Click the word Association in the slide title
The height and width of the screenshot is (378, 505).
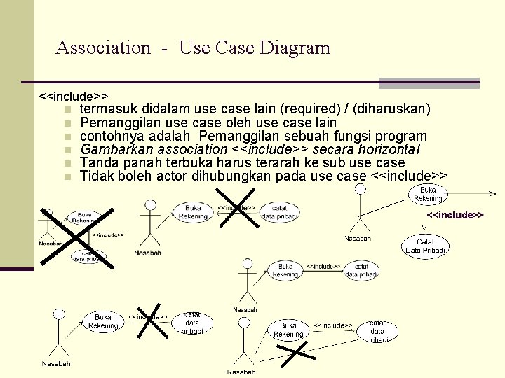tap(103, 48)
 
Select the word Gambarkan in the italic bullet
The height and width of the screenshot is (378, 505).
tap(117, 150)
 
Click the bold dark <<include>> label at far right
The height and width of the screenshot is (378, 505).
tap(456, 214)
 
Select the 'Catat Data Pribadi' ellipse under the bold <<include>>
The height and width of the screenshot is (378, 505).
tap(425, 246)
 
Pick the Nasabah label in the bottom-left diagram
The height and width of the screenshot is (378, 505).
tap(56, 364)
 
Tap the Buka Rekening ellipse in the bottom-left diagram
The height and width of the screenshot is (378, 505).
tap(103, 322)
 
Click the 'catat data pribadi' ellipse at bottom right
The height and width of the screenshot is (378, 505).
tap(377, 330)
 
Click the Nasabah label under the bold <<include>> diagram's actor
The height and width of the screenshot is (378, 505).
tap(358, 239)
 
